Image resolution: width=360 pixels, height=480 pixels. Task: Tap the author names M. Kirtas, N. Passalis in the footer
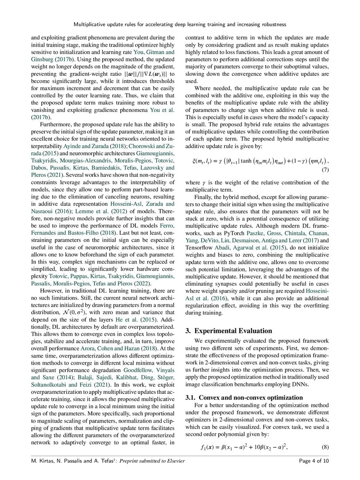[54, 462]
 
